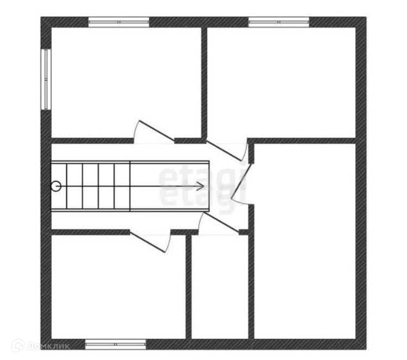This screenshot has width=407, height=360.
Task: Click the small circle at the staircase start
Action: tap(56, 186)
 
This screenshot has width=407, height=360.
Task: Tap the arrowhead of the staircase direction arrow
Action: tap(201, 186)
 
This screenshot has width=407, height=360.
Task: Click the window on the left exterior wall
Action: tap(46, 79)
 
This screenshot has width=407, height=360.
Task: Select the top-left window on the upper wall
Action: tap(119, 22)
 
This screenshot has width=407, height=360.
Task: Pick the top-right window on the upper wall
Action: tap(279, 22)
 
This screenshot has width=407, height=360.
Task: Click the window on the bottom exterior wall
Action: tap(116, 344)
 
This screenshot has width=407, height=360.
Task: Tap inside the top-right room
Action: tap(281, 81)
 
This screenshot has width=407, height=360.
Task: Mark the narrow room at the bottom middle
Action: tap(219, 287)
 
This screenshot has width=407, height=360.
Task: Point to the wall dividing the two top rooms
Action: tap(205, 81)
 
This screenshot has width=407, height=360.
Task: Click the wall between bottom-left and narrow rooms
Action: tap(188, 287)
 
